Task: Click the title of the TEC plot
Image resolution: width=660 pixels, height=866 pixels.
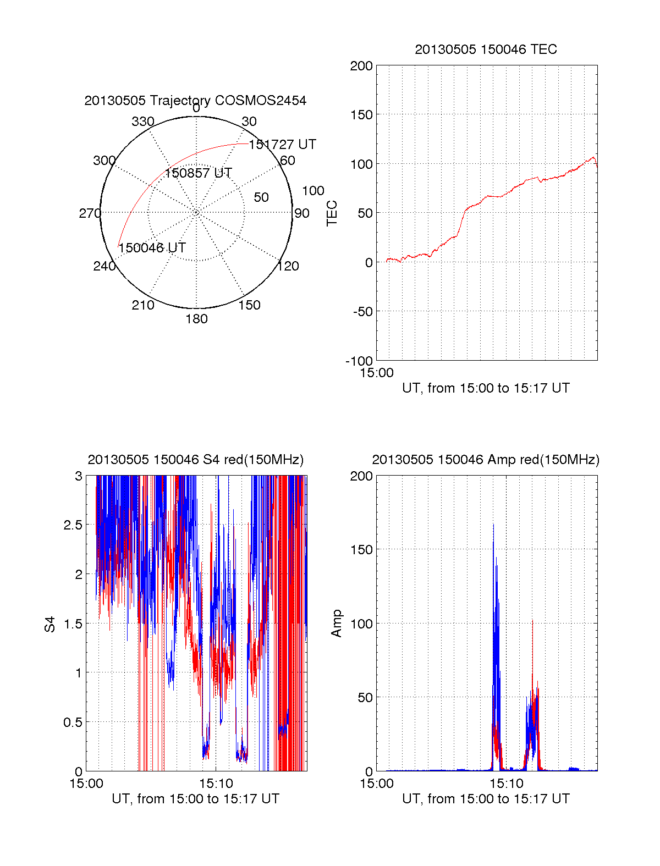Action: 486,49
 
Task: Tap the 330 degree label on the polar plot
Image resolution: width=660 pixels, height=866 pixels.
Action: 142,122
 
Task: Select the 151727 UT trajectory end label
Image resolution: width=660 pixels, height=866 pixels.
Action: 282,145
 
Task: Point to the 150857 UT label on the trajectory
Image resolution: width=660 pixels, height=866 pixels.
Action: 198,173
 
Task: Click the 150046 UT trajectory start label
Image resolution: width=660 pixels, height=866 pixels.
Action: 152,248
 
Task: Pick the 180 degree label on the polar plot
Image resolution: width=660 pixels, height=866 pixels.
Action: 196,319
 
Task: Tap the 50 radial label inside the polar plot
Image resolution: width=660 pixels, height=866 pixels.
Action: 261,197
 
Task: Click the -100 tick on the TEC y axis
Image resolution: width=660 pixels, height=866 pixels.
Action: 359,361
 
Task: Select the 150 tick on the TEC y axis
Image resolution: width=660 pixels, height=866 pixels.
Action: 361,115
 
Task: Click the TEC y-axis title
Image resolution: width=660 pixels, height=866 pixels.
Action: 332,213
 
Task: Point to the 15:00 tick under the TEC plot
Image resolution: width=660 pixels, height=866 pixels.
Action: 377,373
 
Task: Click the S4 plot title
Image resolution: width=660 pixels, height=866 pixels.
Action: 195,460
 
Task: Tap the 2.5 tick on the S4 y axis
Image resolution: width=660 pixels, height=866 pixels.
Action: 73,525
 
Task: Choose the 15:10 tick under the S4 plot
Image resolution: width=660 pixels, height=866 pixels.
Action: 216,784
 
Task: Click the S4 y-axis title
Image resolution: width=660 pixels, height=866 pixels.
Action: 50,624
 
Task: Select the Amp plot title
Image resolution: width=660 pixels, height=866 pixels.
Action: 486,460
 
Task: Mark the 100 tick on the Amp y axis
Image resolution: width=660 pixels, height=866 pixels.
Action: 361,624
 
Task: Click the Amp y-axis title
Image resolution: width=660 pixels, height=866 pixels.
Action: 337,624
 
